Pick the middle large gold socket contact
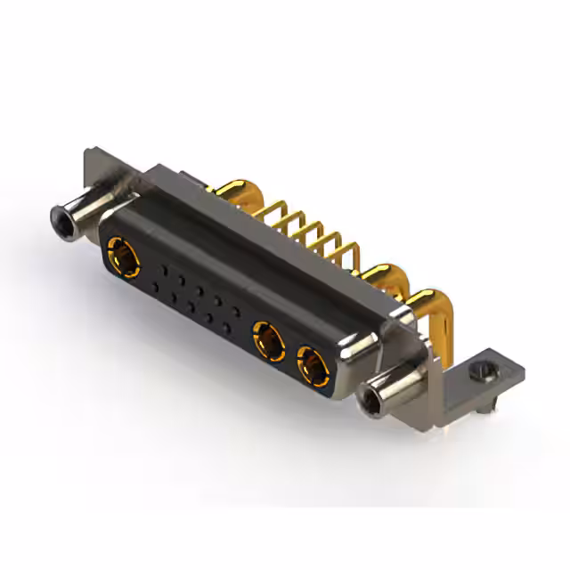pyautogui.click(x=268, y=341)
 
